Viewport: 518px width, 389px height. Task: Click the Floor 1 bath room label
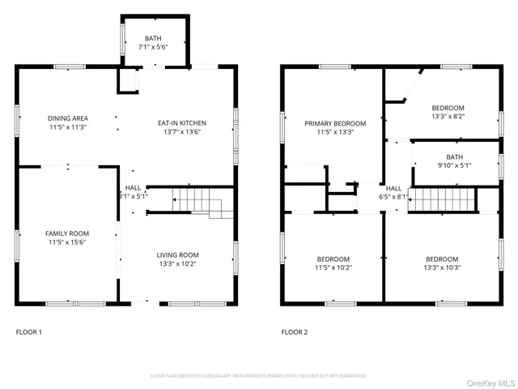tap(153, 38)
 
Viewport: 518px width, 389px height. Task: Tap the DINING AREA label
tap(67, 118)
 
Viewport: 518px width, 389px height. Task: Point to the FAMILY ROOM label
tap(67, 233)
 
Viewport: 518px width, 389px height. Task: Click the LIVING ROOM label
tap(177, 254)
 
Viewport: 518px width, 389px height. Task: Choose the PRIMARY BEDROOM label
tap(335, 123)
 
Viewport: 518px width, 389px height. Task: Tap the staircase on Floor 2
tap(441, 199)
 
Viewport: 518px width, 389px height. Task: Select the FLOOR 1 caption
tap(29, 332)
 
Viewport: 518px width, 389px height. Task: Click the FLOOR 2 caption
tap(295, 332)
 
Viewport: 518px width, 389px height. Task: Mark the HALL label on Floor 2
tap(393, 188)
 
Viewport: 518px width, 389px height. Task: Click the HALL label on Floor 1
tap(133, 187)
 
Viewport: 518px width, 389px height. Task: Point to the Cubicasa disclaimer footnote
tap(258, 376)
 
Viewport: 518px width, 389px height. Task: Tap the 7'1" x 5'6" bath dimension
tap(153, 48)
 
